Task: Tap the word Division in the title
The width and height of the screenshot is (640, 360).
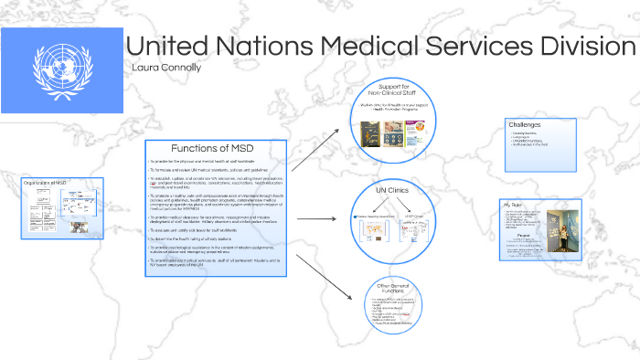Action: pyautogui.click(x=564, y=47)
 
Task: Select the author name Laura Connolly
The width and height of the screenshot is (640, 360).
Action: pyautogui.click(x=166, y=69)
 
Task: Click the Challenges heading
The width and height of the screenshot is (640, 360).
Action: pyautogui.click(x=526, y=124)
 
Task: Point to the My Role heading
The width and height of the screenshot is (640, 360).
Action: pyautogui.click(x=513, y=204)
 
